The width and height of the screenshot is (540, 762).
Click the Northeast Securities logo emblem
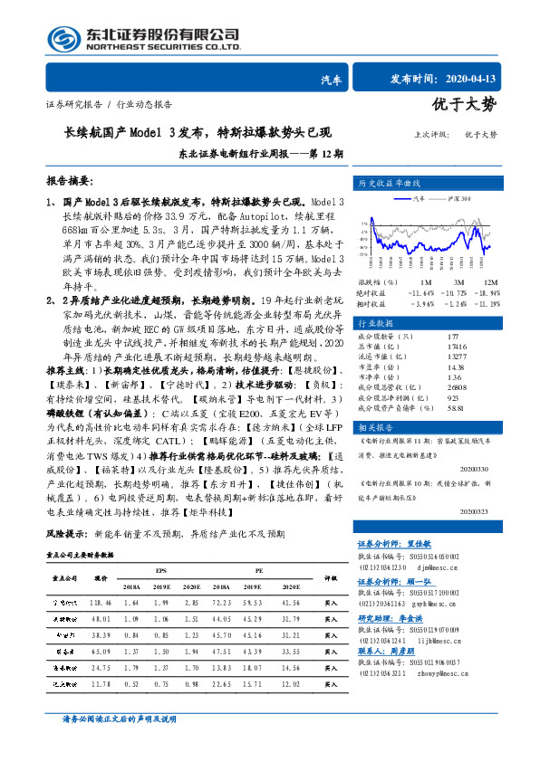coord(64,38)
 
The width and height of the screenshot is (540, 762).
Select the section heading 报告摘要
coord(71,181)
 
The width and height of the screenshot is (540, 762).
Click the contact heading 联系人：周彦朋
coord(384,650)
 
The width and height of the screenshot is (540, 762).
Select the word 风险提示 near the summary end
coord(65,534)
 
